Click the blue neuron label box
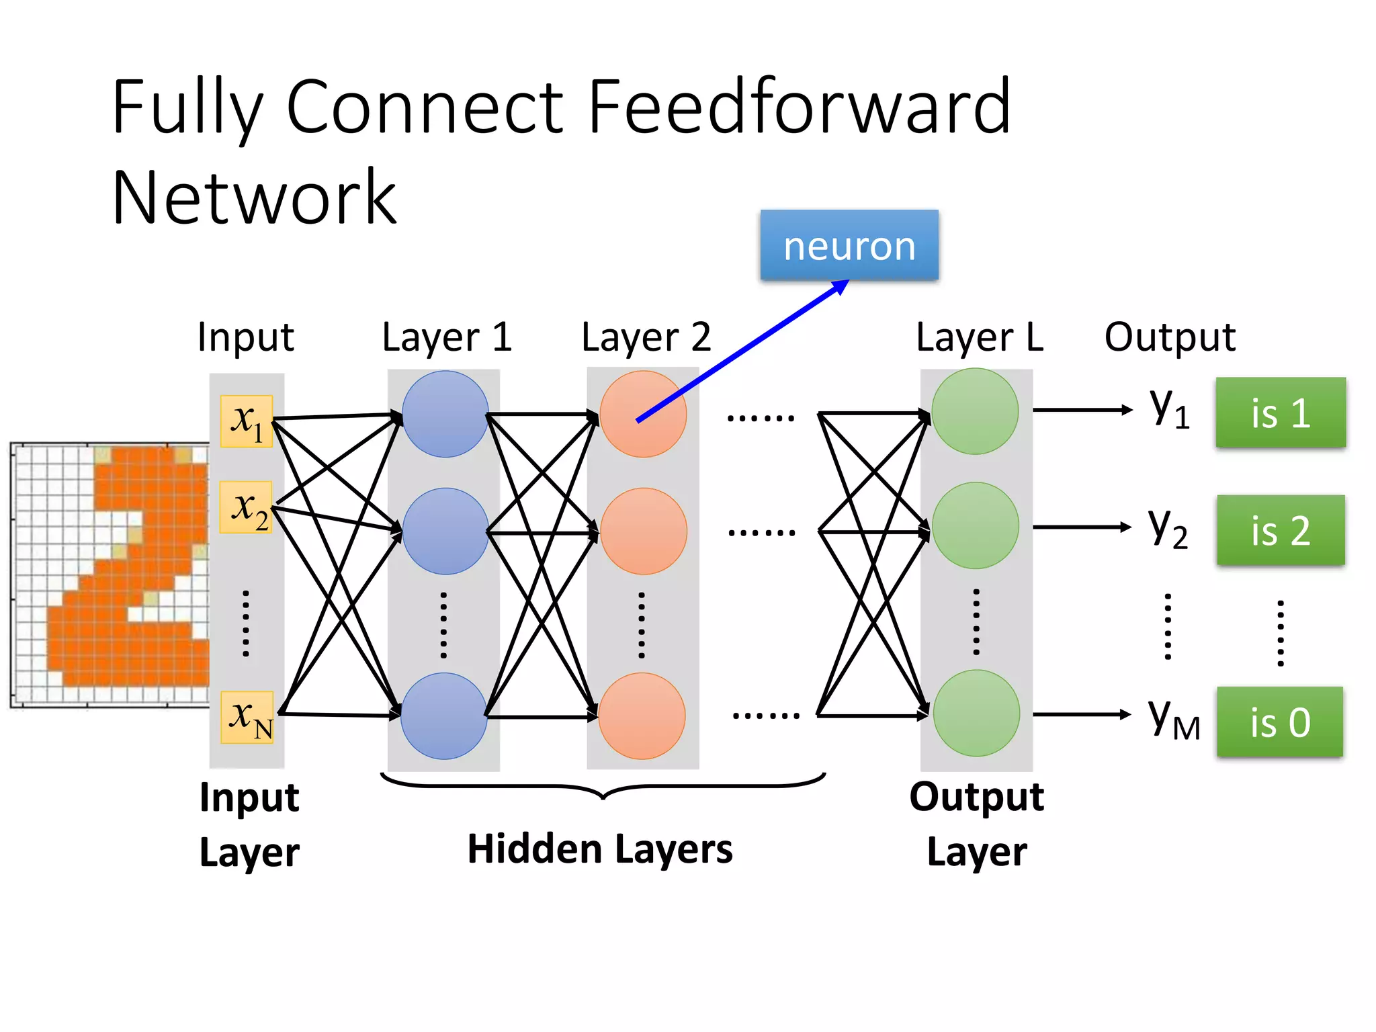[849, 245]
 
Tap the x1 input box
[246, 421]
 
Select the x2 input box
[246, 507]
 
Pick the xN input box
[247, 717]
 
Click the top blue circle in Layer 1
[445, 414]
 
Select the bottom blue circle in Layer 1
[443, 716]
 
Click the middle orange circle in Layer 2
[643, 531]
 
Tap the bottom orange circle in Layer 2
[642, 716]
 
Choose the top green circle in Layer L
[975, 411]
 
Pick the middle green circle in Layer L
[975, 525]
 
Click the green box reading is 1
[1280, 413]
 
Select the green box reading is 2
[1280, 530]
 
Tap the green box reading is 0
[1279, 722]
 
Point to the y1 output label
[1169, 408]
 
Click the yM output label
[1172, 719]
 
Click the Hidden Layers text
[599, 849]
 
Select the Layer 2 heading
[646, 337]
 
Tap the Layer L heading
[979, 337]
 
